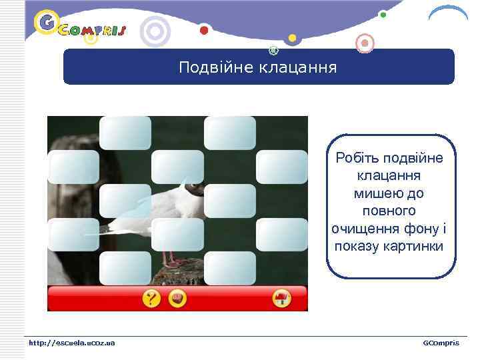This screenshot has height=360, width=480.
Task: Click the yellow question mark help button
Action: pyautogui.click(x=151, y=299)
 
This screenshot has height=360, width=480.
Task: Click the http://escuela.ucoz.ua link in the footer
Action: pyautogui.click(x=71, y=343)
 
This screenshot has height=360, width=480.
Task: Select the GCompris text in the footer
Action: pyautogui.click(x=441, y=343)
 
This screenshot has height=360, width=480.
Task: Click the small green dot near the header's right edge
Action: pyautogui.click(x=383, y=14)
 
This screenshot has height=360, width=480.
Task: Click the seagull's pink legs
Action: pyautogui.click(x=171, y=257)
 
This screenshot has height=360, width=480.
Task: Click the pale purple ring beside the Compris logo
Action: pyautogui.click(x=156, y=31)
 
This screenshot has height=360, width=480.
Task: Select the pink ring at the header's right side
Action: pyautogui.click(x=364, y=44)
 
